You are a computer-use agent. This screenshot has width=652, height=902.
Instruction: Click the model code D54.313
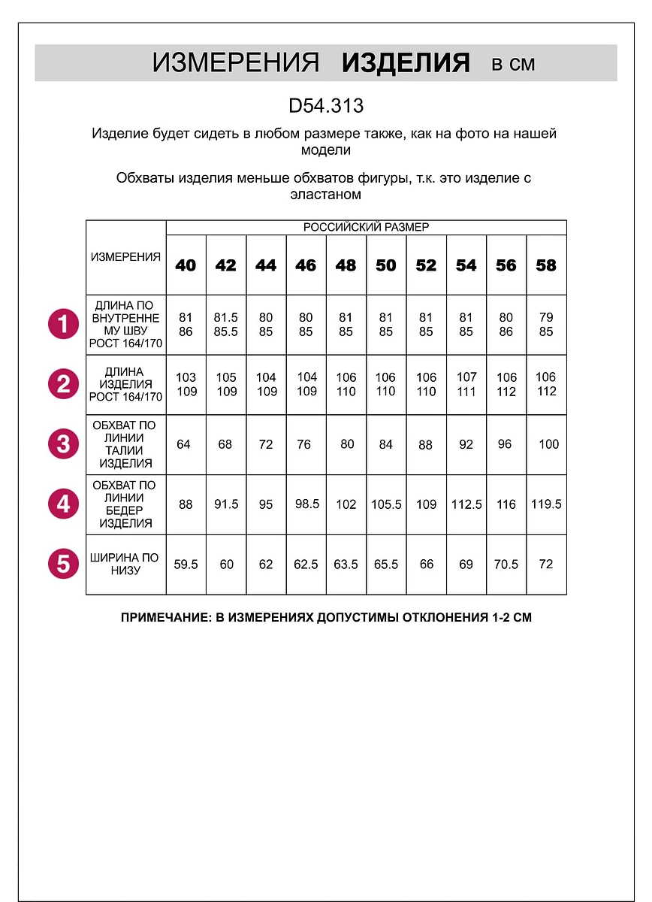click(326, 106)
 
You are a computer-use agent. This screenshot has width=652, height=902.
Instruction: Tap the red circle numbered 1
click(63, 325)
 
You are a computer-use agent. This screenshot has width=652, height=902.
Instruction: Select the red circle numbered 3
click(63, 443)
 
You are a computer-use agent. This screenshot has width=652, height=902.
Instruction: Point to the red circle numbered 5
click(63, 564)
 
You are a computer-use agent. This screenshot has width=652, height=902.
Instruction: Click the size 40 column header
click(186, 265)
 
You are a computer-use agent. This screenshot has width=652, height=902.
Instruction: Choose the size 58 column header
click(546, 265)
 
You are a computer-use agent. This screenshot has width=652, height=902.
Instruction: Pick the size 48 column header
click(346, 265)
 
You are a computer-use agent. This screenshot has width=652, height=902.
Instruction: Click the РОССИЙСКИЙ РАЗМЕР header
click(366, 227)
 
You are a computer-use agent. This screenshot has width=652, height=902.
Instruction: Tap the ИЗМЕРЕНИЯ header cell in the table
click(125, 257)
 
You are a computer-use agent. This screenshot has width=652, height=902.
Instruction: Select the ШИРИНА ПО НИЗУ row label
click(125, 564)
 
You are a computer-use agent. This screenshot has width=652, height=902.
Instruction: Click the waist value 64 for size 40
click(183, 444)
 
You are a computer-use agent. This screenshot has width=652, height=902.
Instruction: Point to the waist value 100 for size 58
click(549, 444)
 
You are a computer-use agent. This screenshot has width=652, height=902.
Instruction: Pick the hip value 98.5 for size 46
click(306, 504)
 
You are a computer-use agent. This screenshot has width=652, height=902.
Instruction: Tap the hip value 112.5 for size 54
click(466, 504)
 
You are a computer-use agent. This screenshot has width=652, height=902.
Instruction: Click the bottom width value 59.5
click(186, 564)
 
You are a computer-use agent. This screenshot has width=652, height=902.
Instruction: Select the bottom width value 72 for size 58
click(546, 564)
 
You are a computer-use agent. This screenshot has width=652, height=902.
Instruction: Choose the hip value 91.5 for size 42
click(226, 504)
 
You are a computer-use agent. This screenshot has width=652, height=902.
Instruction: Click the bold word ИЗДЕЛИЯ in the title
click(406, 63)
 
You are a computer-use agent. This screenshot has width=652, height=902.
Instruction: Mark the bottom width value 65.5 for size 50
click(386, 564)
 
